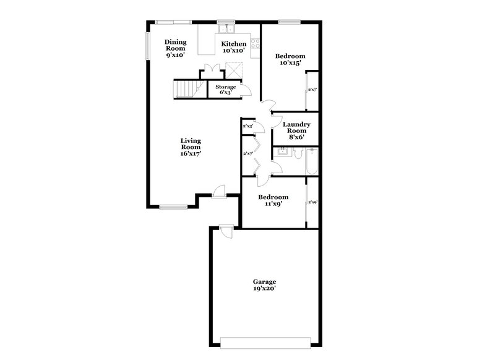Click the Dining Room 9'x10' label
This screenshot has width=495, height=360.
pyautogui.click(x=174, y=49)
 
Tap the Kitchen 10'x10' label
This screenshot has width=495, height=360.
pyautogui.click(x=234, y=48)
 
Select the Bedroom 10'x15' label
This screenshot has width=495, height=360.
pyautogui.click(x=291, y=60)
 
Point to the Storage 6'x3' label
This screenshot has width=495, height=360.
pyautogui.click(x=225, y=90)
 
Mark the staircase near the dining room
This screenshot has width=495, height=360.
pyautogui.click(x=186, y=90)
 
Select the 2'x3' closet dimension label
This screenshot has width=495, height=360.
pyautogui.click(x=248, y=126)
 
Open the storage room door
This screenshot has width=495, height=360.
pyautogui.click(x=246, y=92)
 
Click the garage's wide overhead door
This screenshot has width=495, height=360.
pyautogui.click(x=265, y=340)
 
